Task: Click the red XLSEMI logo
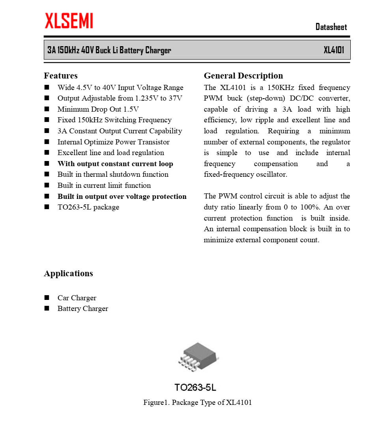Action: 69,21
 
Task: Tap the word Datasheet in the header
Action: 331,27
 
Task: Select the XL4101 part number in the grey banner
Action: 334,50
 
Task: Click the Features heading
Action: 61,76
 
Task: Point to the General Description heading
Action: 243,76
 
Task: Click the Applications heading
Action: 68,273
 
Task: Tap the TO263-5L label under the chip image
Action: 195,388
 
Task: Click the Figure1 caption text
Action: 197,403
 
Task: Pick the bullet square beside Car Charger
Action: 47,298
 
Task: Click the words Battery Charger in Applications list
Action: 83,309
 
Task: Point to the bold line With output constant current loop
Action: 115,164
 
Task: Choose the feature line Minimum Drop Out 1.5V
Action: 98,109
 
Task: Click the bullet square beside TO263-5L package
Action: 47,207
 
